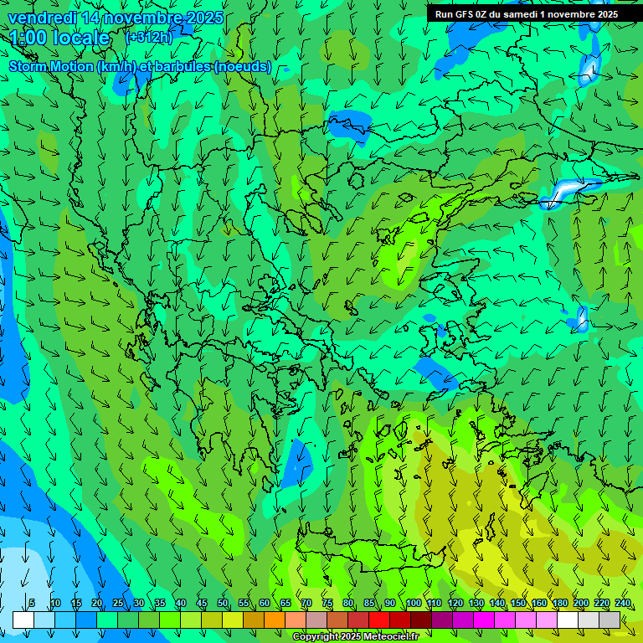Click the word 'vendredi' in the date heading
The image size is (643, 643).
click(41, 18)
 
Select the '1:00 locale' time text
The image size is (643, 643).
click(59, 38)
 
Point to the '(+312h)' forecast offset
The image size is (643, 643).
click(148, 38)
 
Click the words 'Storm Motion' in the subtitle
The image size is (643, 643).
click(51, 66)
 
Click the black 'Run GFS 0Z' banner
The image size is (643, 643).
click(527, 14)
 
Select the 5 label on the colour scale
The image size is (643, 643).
click(32, 604)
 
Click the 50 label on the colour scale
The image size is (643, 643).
click(223, 604)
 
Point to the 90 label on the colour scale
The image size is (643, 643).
click(390, 604)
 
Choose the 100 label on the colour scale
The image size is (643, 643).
click(413, 604)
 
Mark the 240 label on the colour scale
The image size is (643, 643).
click(622, 604)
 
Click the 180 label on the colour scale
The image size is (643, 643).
click(559, 604)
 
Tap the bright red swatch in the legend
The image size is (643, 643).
click(379, 620)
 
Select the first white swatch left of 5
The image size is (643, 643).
click(23, 620)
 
